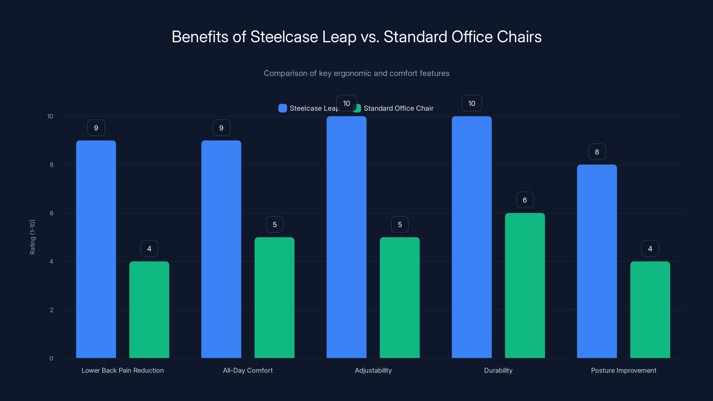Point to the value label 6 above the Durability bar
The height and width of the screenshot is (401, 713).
tap(525, 200)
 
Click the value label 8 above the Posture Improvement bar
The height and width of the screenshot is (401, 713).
tap(597, 152)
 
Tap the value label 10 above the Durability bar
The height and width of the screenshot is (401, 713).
tap(472, 104)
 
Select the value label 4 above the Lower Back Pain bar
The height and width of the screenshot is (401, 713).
tap(149, 249)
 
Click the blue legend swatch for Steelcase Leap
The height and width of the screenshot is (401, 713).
tap(282, 108)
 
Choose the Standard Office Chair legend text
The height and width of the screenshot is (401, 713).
tap(398, 108)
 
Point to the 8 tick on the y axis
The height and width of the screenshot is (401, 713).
tap(51, 165)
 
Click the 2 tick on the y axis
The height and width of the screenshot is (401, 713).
tap(51, 310)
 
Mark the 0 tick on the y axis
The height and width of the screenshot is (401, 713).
tap(51, 358)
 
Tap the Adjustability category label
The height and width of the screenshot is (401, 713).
tap(373, 370)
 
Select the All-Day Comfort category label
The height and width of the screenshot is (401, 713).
tap(248, 370)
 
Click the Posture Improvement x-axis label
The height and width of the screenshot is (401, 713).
tap(623, 370)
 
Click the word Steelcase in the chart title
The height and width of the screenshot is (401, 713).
tap(284, 37)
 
